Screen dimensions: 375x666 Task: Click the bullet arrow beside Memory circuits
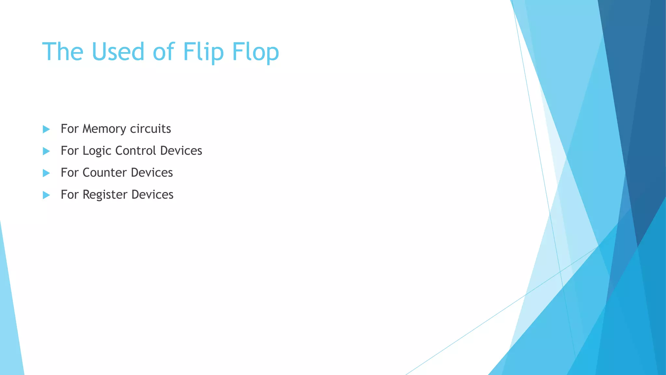click(46, 129)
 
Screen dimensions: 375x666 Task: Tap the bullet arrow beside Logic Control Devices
click(46, 151)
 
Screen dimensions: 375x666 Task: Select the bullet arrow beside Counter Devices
click(46, 173)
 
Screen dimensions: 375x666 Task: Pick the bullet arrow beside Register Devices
click(46, 195)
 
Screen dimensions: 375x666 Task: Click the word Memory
click(104, 129)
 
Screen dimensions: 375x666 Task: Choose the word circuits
click(150, 129)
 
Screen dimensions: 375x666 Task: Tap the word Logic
click(97, 151)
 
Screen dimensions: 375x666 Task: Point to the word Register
click(105, 195)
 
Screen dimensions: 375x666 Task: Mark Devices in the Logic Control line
click(181, 151)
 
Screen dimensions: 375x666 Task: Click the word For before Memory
click(70, 129)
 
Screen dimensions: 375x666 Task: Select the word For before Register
click(70, 195)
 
